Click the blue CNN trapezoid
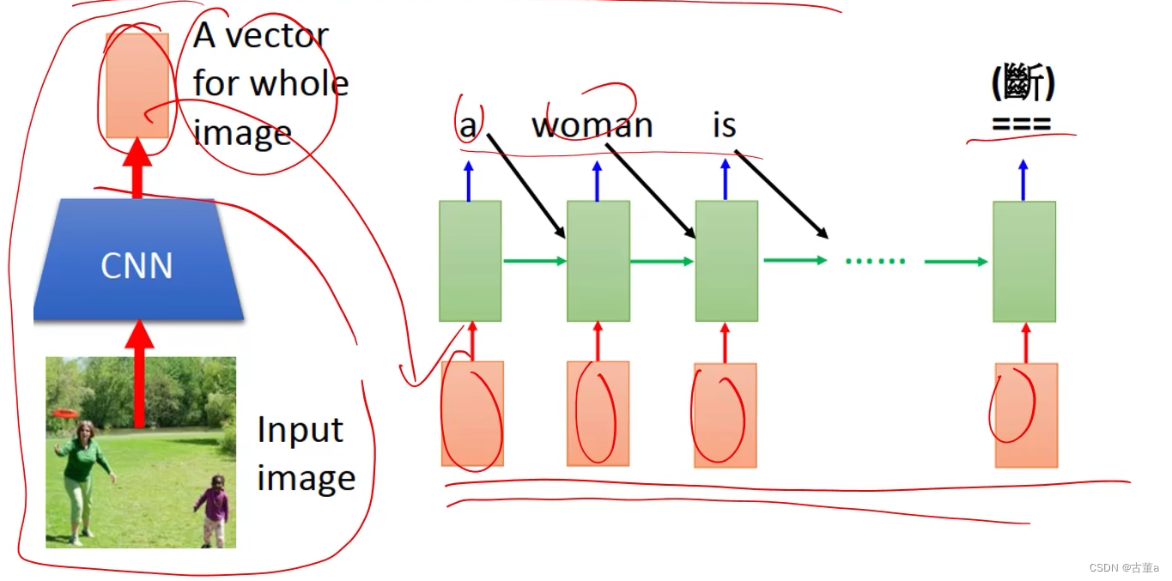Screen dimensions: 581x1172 pos(137,262)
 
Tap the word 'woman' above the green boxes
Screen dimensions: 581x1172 pos(592,125)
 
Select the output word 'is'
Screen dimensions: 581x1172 pos(724,125)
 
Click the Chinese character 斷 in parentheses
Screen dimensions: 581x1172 pos(1022,85)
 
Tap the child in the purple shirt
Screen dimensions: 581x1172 pos(212,511)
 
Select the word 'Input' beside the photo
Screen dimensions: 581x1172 pos(300,430)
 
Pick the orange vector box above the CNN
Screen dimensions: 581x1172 pos(137,85)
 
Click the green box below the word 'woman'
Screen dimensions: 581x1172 pos(598,261)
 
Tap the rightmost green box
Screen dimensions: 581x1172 pos(1024,262)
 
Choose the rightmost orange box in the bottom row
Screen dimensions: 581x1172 pos(1026,415)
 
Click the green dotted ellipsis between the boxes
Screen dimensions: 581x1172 pos(875,261)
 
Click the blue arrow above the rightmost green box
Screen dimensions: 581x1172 pos(1023,179)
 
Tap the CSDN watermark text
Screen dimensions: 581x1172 pos(1123,568)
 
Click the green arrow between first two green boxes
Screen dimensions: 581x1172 pos(533,260)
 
